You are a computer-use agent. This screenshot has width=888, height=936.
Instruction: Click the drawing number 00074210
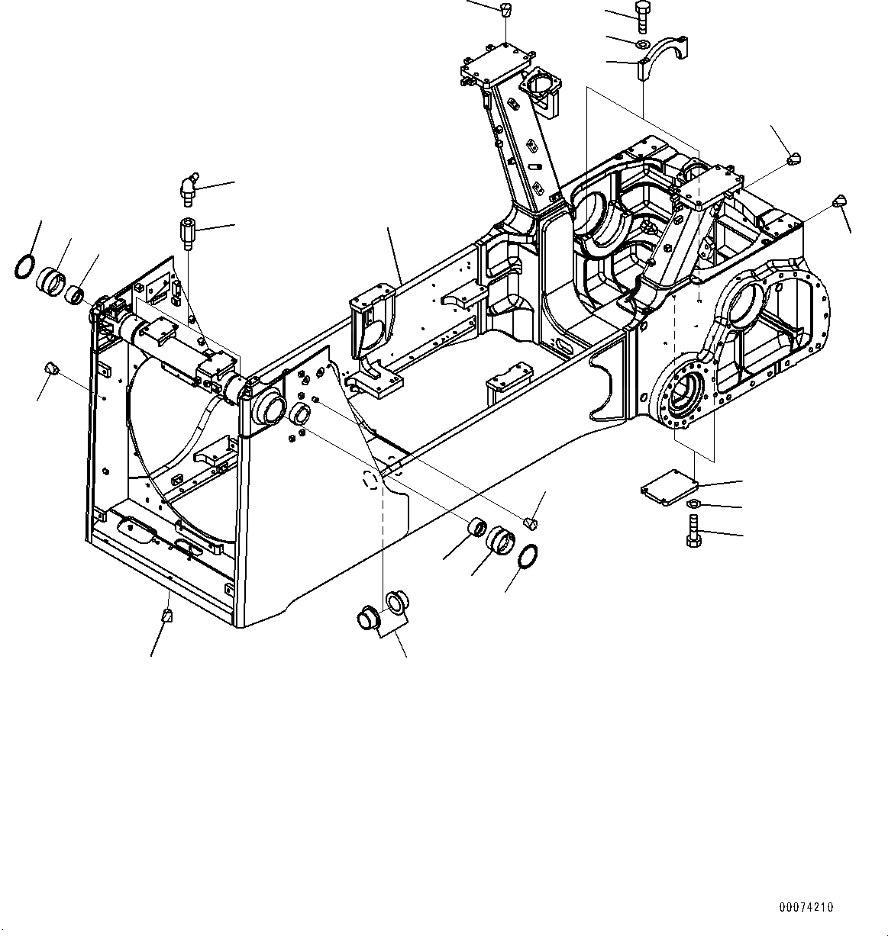coord(806,907)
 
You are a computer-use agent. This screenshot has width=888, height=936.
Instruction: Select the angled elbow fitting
coord(188,188)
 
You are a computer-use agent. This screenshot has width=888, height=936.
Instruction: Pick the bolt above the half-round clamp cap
coord(640,16)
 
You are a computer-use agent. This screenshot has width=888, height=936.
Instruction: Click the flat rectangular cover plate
coord(669,486)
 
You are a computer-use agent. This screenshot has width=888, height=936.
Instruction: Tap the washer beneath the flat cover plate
coord(694,504)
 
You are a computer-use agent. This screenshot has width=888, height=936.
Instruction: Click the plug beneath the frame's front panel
coord(166,615)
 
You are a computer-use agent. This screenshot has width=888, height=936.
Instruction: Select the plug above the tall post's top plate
coord(504,9)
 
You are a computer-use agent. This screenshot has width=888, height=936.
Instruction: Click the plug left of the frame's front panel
coord(52,368)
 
